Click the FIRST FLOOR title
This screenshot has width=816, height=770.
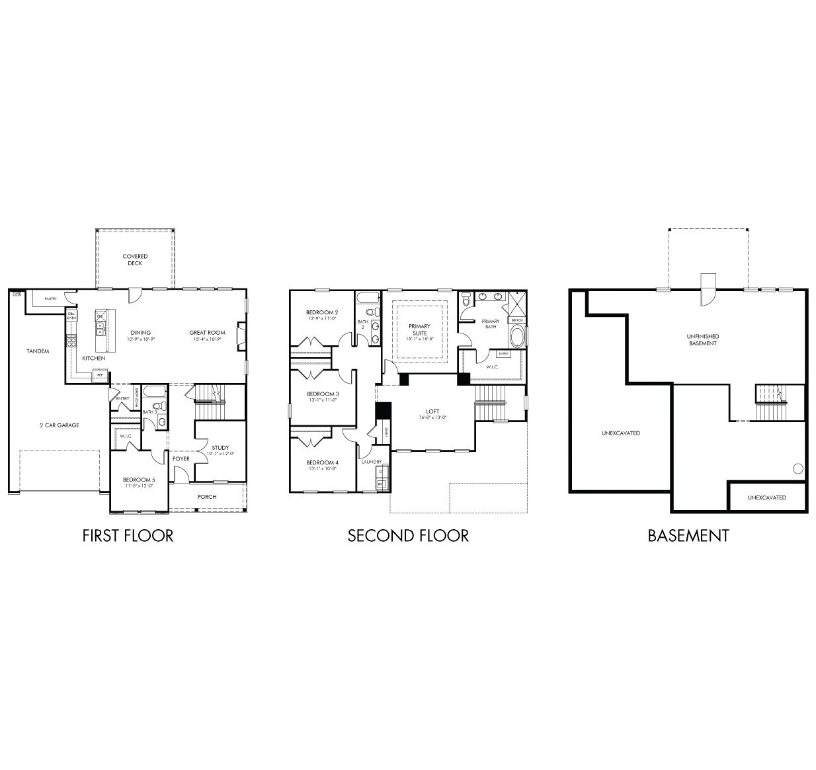click(x=128, y=535)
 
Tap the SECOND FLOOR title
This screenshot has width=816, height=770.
click(x=408, y=535)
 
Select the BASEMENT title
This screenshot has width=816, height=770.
click(x=688, y=535)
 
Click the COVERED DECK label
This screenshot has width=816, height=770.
click(x=135, y=260)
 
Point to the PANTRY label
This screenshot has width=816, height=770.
click(x=50, y=299)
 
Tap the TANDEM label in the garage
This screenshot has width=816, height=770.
click(x=38, y=351)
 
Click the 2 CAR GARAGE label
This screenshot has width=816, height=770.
click(x=59, y=425)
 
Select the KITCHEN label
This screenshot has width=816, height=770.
click(x=93, y=358)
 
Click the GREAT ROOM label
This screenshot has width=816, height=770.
click(x=207, y=333)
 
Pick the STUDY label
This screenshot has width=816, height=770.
click(x=220, y=447)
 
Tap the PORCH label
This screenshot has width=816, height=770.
click(x=207, y=497)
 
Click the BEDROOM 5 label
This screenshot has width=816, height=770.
click(x=139, y=480)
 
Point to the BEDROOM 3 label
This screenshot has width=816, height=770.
click(x=323, y=394)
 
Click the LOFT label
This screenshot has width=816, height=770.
click(x=432, y=411)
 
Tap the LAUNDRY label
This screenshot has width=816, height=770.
click(x=372, y=462)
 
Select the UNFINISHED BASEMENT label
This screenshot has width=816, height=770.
click(x=702, y=339)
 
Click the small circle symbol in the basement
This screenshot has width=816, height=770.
click(x=797, y=469)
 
